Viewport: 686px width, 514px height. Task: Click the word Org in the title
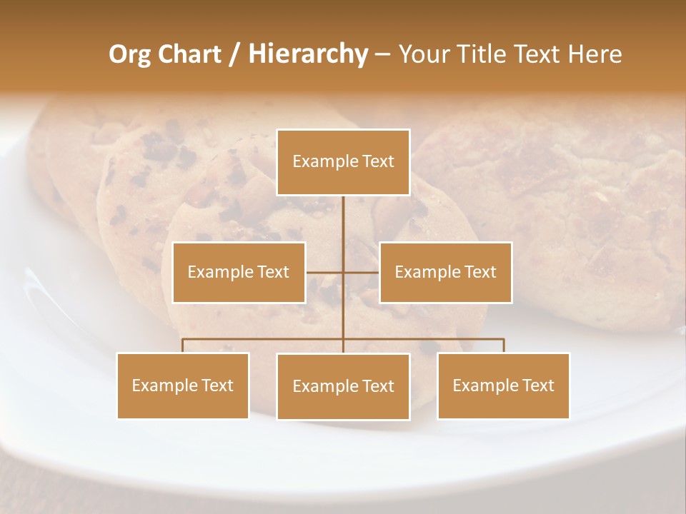click(130, 54)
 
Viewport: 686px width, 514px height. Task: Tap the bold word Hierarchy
click(308, 54)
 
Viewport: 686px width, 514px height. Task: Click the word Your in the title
click(422, 54)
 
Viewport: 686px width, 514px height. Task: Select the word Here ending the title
click(595, 54)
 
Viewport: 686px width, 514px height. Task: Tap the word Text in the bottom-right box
click(538, 385)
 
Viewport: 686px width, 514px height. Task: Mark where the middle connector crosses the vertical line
click(343, 272)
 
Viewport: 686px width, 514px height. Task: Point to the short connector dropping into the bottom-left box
click(183, 346)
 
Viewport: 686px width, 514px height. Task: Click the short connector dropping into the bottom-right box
click(504, 346)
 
